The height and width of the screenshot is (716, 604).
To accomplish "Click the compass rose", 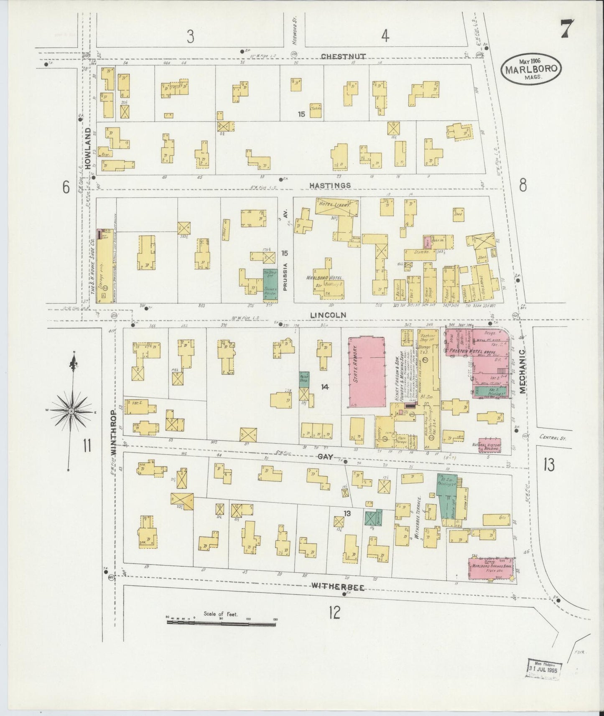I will (71, 411).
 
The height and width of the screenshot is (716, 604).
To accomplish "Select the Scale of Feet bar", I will (221, 622).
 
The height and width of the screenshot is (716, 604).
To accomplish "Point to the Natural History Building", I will (489, 446).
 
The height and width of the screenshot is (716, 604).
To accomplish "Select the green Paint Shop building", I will (304, 378).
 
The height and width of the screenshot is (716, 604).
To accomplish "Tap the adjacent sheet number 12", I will (334, 612).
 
